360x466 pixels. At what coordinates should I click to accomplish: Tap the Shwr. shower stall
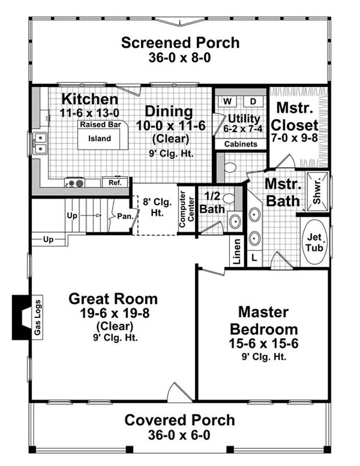pyautogui.click(x=317, y=191)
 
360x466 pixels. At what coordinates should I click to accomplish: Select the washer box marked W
pyautogui.click(x=227, y=100)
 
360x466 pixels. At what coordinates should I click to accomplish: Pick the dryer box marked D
pyautogui.click(x=252, y=100)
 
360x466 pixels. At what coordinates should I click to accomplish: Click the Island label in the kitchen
pyautogui.click(x=99, y=138)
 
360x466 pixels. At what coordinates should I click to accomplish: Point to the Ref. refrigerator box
pyautogui.click(x=111, y=183)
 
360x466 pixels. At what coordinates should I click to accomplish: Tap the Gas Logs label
pyautogui.click(x=37, y=317)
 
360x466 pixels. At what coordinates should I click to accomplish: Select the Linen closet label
pyautogui.click(x=237, y=251)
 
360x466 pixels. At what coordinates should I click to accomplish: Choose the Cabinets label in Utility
pyautogui.click(x=241, y=144)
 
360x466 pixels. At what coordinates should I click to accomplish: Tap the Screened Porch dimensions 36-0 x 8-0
pyautogui.click(x=180, y=58)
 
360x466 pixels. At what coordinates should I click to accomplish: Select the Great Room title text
pyautogui.click(x=113, y=299)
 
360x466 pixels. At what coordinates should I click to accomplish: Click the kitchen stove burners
pyautogui.click(x=75, y=183)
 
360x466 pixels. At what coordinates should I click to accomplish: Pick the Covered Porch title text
pyautogui.click(x=180, y=420)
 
